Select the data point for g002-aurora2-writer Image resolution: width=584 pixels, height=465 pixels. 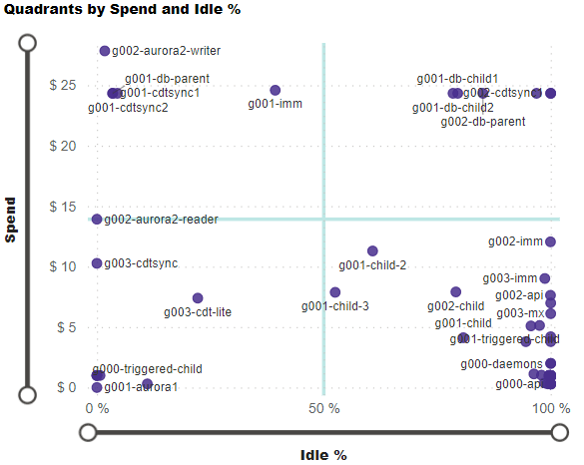tap(105, 51)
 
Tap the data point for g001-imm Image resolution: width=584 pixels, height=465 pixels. tap(276, 91)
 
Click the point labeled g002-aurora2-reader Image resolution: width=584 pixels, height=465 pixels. tap(97, 220)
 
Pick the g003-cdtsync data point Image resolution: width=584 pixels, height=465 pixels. tap(97, 263)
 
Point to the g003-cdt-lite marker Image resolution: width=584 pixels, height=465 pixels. tap(198, 298)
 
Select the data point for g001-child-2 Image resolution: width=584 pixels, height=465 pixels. tap(372, 251)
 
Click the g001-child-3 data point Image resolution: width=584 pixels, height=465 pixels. tap(335, 292)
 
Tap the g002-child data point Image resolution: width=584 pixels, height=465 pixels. tap(456, 292)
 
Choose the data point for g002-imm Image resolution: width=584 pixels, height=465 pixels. tap(551, 241)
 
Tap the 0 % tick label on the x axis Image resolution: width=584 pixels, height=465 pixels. tap(97, 408)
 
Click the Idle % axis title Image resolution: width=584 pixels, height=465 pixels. tap(323, 455)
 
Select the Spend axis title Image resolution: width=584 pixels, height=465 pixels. tap(11, 219)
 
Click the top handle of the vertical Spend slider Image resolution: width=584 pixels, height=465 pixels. tap(28, 43)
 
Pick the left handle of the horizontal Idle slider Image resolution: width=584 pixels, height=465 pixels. tap(88, 432)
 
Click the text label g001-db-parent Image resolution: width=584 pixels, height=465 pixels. tap(167, 78)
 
